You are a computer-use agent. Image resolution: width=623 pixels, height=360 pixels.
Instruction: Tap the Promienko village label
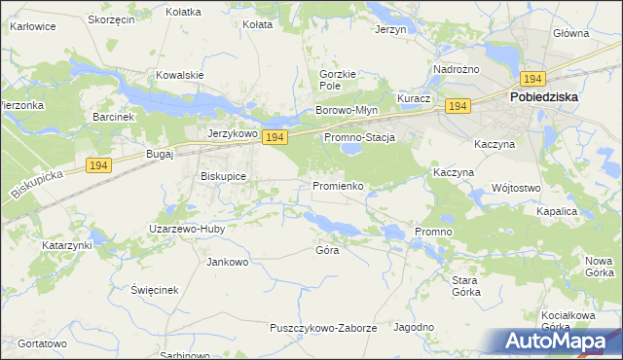[338, 185]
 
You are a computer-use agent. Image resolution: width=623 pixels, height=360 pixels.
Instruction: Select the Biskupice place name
[223, 176]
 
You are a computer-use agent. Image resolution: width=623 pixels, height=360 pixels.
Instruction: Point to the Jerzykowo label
[231, 133]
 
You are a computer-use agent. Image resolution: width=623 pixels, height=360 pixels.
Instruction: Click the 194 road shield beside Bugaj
[96, 166]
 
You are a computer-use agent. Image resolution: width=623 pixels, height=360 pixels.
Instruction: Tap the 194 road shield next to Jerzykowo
[274, 138]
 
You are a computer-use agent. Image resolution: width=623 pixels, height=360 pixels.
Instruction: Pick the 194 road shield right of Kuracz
[458, 105]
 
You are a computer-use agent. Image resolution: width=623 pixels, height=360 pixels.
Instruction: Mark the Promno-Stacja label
[359, 138]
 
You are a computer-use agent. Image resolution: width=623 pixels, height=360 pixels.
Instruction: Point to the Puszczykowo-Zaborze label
[323, 328]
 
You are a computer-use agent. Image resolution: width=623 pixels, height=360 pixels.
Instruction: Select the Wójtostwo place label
[517, 187]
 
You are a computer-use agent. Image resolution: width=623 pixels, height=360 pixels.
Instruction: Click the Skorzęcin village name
[110, 19]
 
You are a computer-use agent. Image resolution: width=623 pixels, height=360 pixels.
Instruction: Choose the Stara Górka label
[466, 286]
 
